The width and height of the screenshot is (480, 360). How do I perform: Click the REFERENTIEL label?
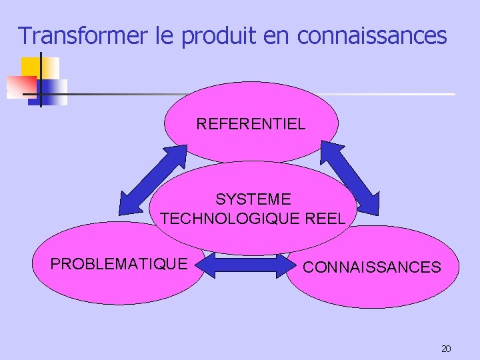tap(251, 123)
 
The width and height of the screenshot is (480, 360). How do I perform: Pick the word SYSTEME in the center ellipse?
tap(253, 199)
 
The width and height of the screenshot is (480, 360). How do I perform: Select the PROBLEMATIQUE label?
tap(119, 264)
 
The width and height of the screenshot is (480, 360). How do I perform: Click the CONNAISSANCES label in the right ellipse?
tap(372, 267)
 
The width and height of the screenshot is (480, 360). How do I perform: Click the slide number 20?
tap(446, 349)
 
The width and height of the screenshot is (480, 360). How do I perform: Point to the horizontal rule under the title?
tap(267, 94)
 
